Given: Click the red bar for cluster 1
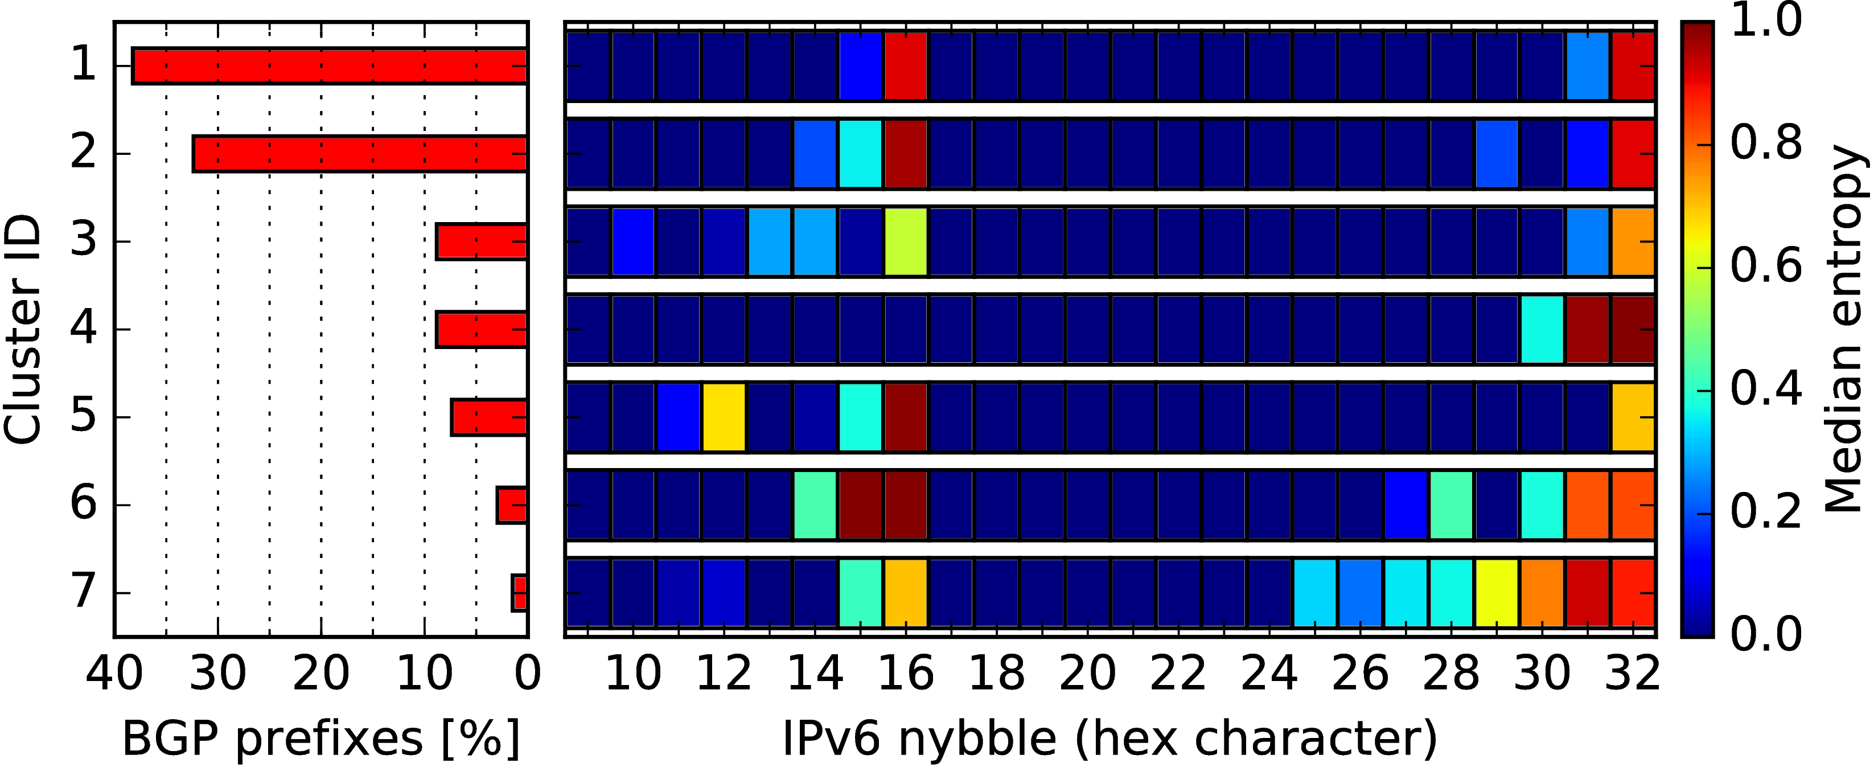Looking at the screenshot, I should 330,65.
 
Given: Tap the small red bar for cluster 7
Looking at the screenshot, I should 519,592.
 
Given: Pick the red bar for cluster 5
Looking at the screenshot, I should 490,417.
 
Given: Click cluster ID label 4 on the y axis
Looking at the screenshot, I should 83,327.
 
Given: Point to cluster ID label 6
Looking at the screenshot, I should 83,503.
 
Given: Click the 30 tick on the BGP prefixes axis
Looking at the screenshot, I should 217,674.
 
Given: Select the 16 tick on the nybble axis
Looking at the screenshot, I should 906,674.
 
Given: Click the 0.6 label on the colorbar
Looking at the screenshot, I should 1766,266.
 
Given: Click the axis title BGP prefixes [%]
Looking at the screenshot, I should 321,739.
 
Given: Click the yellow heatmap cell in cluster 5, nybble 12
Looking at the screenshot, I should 724,417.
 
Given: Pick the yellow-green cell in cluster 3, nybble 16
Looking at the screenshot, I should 906,241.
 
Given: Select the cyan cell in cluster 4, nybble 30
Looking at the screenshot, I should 1542,329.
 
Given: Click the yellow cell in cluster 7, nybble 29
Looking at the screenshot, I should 1497,592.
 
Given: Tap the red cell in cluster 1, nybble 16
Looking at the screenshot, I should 906,65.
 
